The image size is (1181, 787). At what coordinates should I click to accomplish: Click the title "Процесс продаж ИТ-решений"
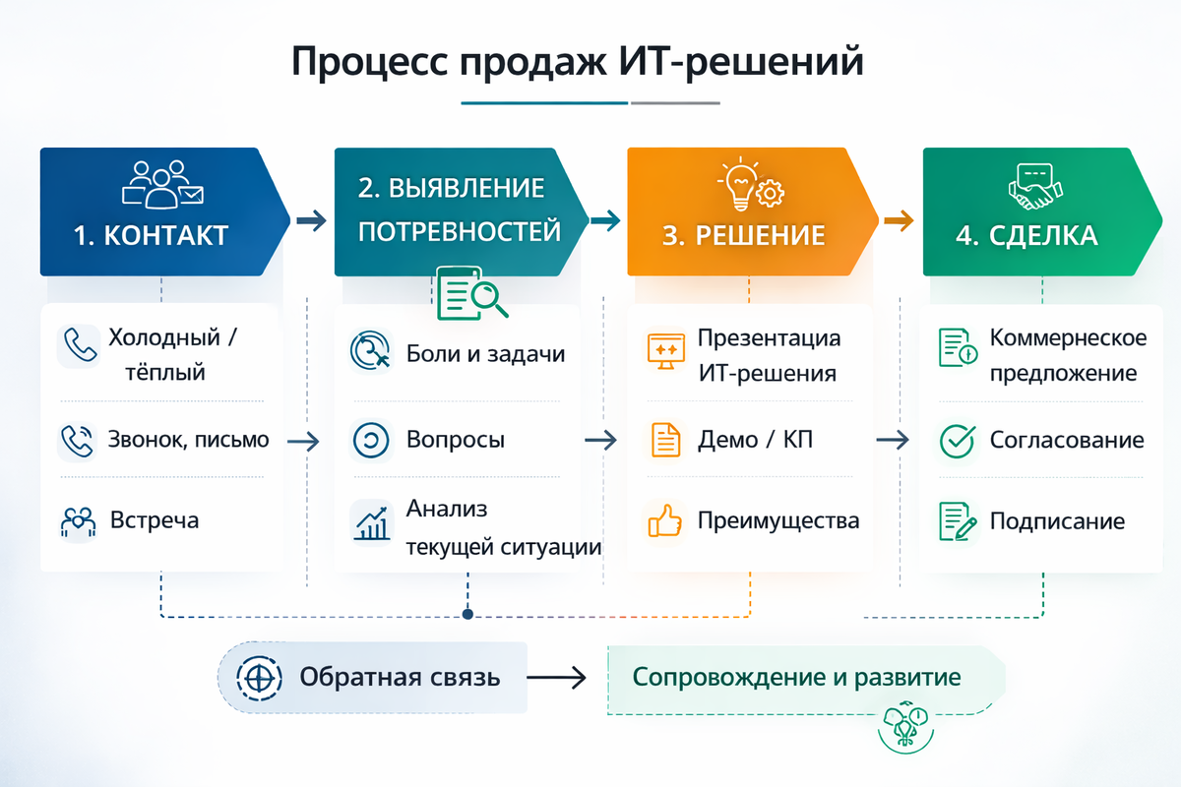click(578, 61)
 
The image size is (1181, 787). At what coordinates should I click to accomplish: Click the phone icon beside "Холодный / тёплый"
click(77, 346)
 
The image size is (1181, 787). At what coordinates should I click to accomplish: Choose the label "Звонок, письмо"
click(188, 440)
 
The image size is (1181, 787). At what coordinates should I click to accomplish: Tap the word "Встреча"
click(155, 519)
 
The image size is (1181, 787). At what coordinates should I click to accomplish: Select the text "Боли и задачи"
click(485, 354)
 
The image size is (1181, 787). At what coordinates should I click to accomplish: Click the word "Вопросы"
click(456, 440)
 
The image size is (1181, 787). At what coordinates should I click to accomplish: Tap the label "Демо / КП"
click(756, 440)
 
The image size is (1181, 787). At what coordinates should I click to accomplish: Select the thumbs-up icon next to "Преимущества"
click(665, 520)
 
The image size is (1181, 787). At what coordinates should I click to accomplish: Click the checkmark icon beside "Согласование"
click(957, 441)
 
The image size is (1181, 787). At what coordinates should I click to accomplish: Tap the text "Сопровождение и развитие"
click(796, 678)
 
